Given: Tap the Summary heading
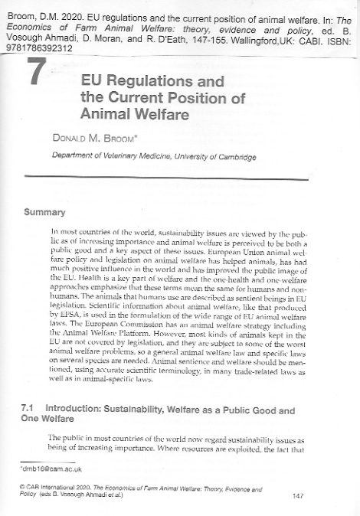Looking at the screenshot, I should click(x=46, y=209).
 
